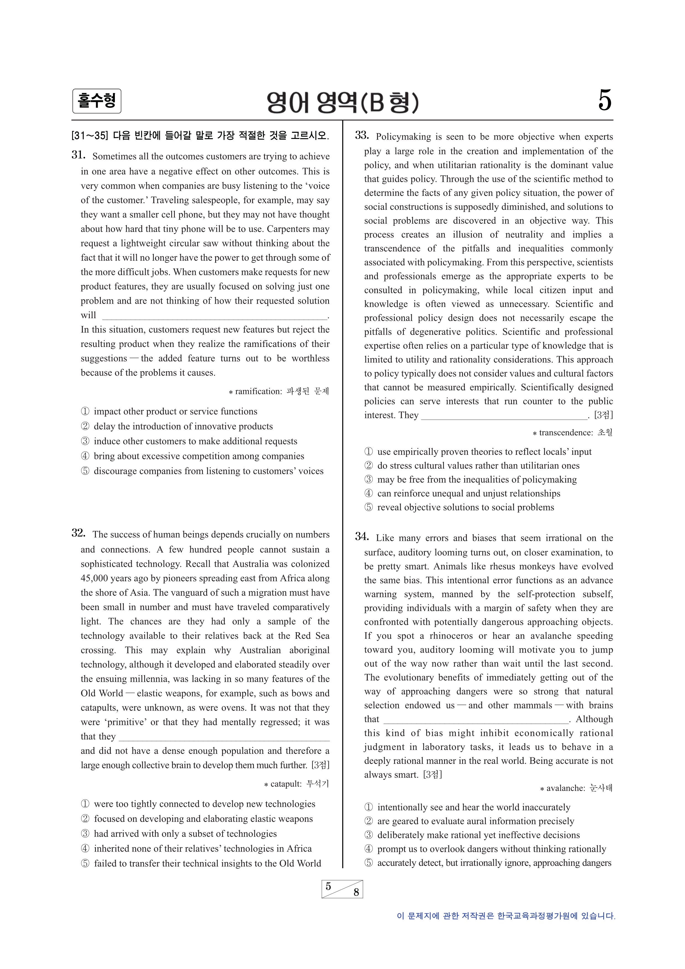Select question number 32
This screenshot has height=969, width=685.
(78, 533)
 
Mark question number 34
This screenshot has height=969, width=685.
(362, 537)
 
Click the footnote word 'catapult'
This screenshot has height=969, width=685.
(286, 784)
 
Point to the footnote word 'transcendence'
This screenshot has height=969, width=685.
(566, 433)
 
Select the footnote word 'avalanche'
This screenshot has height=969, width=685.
(565, 788)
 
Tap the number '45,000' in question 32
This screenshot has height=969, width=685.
(94, 579)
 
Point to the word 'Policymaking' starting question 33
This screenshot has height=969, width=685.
(403, 137)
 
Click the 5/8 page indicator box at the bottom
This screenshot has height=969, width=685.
(342, 889)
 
